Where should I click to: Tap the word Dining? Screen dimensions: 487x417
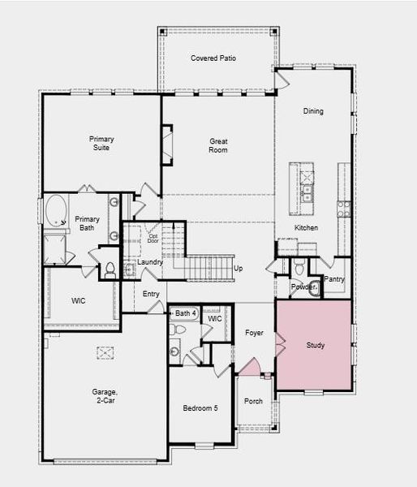tap(313, 111)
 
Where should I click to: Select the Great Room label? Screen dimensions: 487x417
tap(217, 145)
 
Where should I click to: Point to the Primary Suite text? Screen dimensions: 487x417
tap(101, 144)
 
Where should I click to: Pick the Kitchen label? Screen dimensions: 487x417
tap(306, 228)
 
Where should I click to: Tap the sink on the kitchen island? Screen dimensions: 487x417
tap(307, 193)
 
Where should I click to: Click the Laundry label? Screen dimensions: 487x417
tap(150, 262)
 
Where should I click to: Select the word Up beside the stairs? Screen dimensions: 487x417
tap(239, 268)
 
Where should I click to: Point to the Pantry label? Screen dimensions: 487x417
tap(334, 279)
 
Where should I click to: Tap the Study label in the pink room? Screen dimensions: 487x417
tap(316, 346)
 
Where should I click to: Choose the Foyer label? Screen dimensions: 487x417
tap(254, 333)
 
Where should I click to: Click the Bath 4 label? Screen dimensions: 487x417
tap(186, 313)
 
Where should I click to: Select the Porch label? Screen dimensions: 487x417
tap(254, 401)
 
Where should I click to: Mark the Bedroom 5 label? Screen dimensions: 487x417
tap(200, 407)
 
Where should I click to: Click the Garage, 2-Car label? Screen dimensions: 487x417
tap(105, 396)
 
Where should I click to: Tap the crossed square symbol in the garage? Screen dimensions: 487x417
tap(105, 352)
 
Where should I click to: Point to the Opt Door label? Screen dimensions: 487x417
tap(153, 239)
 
